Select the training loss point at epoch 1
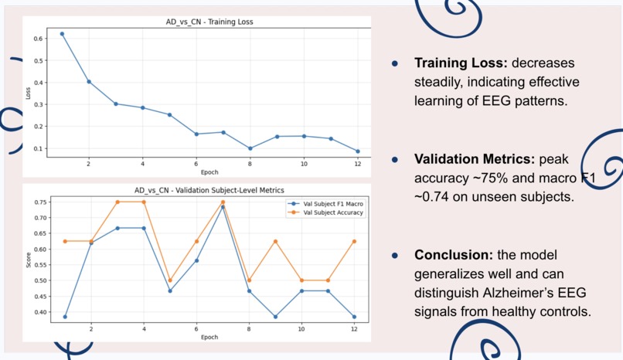point(62,34)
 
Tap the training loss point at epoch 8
point(250,148)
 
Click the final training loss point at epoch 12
point(358,151)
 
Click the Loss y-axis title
point(28,93)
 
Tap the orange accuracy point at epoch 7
point(223,202)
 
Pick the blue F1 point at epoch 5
point(169,290)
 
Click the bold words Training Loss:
point(458,63)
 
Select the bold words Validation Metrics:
point(473,159)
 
